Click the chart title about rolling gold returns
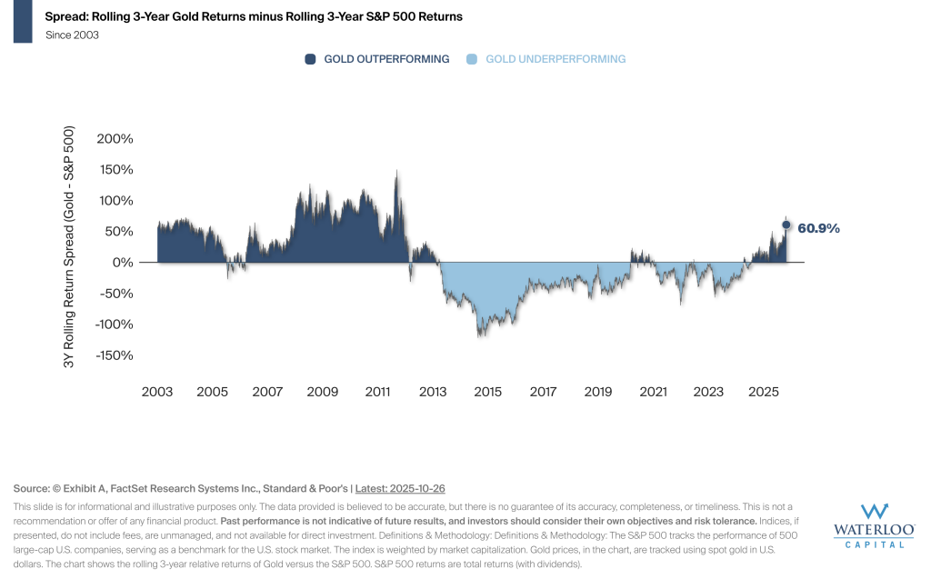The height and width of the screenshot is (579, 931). tap(254, 16)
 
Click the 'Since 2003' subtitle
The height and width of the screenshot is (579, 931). tap(72, 35)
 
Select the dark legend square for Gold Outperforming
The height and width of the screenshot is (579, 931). tap(310, 59)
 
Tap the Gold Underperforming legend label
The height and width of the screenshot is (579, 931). tap(556, 59)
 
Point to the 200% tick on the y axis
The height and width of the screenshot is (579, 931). tap(115, 139)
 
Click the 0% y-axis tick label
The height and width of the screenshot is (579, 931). tap(123, 263)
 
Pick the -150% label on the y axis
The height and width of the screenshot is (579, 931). tap(114, 355)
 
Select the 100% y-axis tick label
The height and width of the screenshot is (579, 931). tap(115, 201)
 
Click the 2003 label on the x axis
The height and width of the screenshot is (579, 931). tap(157, 392)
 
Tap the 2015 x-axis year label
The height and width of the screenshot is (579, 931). tap(488, 392)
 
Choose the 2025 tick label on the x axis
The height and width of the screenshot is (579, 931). tap(764, 392)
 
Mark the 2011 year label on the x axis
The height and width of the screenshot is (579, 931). tap(377, 392)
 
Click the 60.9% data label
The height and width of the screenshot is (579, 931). tap(819, 229)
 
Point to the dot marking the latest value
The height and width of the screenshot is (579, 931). tap(786, 225)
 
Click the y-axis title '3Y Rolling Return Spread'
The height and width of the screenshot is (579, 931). tap(69, 246)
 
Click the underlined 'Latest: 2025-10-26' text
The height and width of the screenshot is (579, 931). tap(400, 489)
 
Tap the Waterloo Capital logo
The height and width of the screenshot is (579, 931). tap(875, 526)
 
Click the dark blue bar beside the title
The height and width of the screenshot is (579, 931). tap(23, 22)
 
